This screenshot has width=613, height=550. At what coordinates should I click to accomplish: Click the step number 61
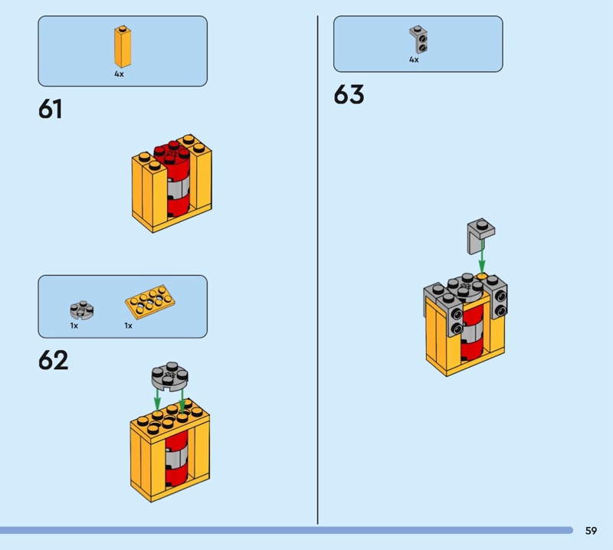50,109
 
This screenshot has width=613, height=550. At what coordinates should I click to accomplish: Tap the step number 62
53,360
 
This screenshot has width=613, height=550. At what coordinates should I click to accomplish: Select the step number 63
349,94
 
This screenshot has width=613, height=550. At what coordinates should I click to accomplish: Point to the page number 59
591,530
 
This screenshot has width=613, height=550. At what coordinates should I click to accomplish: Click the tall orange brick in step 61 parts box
123,47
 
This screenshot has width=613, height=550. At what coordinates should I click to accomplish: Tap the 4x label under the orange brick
119,74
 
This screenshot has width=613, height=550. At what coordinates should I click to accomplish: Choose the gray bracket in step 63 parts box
418,40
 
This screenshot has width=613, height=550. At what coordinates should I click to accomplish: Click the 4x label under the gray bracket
414,60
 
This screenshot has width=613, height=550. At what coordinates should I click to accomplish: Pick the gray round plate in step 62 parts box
82,310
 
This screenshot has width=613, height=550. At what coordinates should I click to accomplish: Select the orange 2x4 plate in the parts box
150,300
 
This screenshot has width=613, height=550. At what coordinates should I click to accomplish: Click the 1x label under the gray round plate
74,326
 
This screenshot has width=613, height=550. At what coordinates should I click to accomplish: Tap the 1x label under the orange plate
128,326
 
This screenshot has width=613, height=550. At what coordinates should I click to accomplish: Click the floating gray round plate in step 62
169,376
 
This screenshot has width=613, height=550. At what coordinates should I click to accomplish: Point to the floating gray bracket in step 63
480,235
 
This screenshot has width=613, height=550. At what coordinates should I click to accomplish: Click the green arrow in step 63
482,256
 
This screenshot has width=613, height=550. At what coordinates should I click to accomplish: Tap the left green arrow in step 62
157,399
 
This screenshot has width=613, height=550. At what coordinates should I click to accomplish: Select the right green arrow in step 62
182,401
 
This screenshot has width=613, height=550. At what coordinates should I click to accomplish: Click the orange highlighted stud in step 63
482,277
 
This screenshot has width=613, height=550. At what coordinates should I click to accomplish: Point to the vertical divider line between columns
317,270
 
